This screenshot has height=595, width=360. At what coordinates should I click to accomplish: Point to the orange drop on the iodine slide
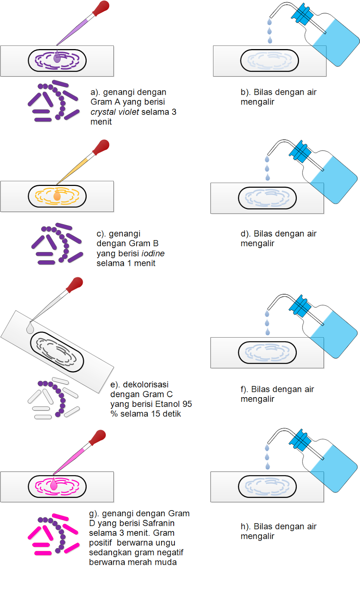pos(57,196)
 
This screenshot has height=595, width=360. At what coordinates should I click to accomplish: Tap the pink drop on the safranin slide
pos(54,484)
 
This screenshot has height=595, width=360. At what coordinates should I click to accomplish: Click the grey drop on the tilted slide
pos(30,328)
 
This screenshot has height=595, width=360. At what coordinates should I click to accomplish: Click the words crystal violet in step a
pos(115,112)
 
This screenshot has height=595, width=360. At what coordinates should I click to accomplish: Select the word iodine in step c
pos(153,254)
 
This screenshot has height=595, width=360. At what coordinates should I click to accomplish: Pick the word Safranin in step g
pos(156,523)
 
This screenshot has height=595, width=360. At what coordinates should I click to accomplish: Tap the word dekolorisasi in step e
pos(145,385)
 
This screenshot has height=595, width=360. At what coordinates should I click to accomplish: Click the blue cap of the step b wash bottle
pos(302,15)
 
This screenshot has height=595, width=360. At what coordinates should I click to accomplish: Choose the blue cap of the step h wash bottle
pos(300,440)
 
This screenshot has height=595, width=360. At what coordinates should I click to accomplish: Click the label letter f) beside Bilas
pos(244,389)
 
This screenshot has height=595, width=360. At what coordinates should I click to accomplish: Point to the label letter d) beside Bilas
pos(245,234)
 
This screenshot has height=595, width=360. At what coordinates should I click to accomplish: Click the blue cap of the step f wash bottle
pos(300,306)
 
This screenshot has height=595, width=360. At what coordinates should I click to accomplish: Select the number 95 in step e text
pos(187,404)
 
